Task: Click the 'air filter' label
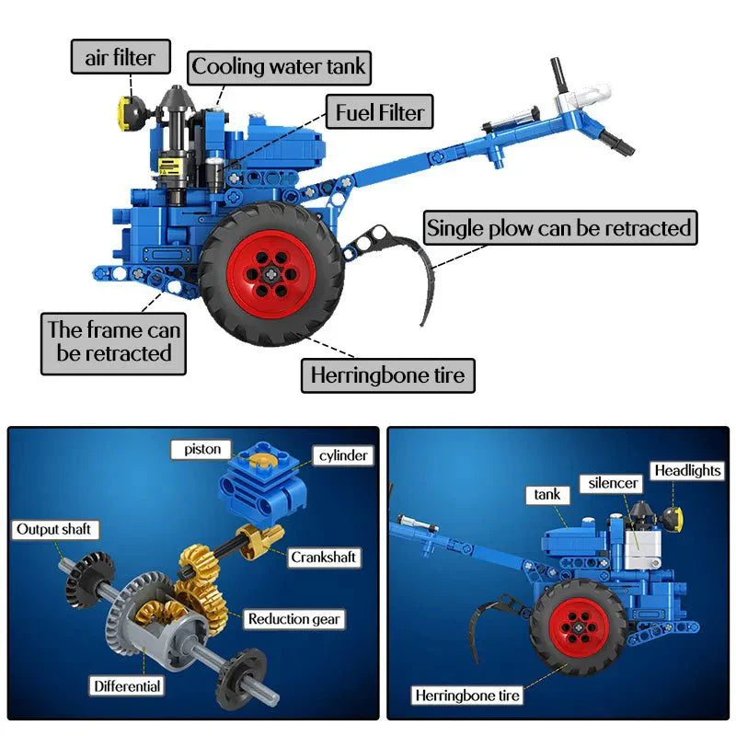pos(121,57)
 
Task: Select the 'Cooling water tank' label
pos(279,67)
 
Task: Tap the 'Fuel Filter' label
pos(379,113)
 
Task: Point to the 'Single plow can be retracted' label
pos(558,227)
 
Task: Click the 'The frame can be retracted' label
pos(114,341)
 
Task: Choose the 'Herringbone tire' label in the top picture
pos(387,375)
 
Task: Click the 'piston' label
pos(201,449)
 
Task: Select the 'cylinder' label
pos(344,455)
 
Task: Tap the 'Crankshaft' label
pos(323,557)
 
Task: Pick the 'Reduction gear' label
pos(293,619)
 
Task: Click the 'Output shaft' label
pos(54,529)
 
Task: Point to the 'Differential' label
pos(126,685)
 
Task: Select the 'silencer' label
pos(614,483)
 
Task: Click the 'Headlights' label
pos(687,470)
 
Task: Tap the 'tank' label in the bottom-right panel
pos(547,494)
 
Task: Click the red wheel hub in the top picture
pos(272,272)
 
